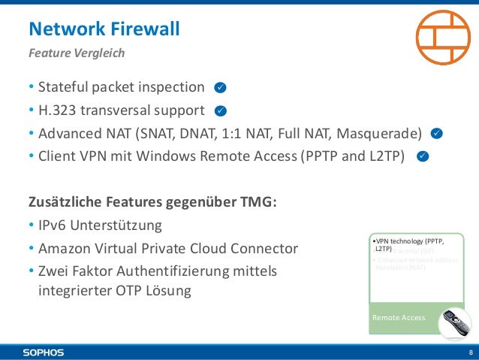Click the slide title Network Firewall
tap(104, 29)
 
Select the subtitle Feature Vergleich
tap(76, 53)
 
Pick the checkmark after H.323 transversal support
tap(220, 111)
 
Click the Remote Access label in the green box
tap(399, 318)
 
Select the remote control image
tap(455, 324)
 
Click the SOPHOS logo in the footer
tap(43, 352)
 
